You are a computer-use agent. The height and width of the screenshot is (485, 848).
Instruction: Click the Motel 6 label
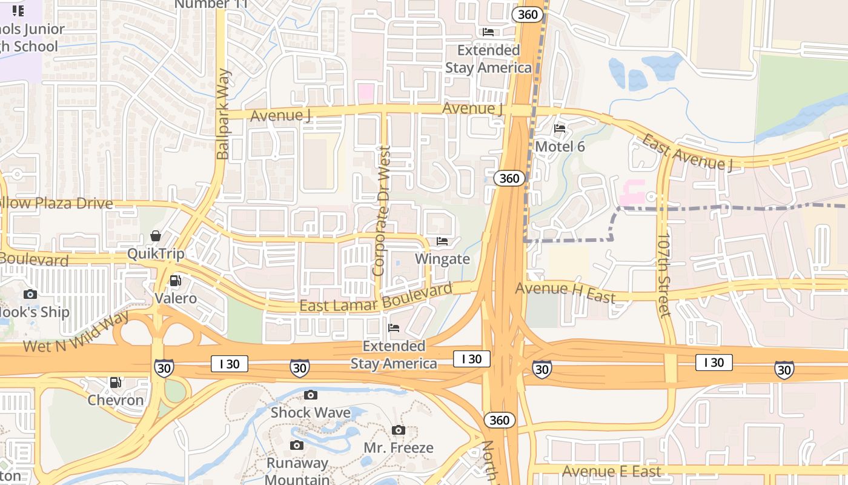click(560, 146)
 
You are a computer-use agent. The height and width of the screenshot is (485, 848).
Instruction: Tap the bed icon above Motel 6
click(560, 129)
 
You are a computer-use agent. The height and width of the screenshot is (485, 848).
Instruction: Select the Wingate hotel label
click(442, 259)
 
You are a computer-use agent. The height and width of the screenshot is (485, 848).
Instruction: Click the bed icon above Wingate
click(442, 241)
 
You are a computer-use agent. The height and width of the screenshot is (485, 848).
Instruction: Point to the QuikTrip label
click(156, 253)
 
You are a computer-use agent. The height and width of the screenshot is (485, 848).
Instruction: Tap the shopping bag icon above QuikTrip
click(156, 236)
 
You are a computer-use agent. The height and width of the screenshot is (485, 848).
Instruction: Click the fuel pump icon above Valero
click(175, 280)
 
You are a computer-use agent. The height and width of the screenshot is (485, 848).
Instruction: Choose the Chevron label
click(116, 400)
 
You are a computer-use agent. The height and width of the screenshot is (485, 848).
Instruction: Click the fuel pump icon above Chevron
click(115, 383)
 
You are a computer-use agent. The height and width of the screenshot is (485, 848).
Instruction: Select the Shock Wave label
click(310, 413)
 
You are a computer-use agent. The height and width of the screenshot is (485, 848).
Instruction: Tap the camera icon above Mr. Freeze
click(399, 430)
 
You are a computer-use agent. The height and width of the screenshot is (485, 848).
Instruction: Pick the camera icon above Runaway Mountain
click(297, 446)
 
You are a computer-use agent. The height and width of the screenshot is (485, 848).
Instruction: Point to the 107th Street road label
click(664, 274)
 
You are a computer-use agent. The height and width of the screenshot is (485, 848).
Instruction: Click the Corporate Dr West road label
click(382, 211)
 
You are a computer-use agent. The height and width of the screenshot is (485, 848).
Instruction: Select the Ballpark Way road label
click(223, 115)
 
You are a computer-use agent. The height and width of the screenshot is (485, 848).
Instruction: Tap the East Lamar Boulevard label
click(376, 298)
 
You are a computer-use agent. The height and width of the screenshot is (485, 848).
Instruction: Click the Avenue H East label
click(565, 292)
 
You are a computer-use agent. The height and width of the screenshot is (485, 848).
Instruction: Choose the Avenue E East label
click(611, 471)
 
